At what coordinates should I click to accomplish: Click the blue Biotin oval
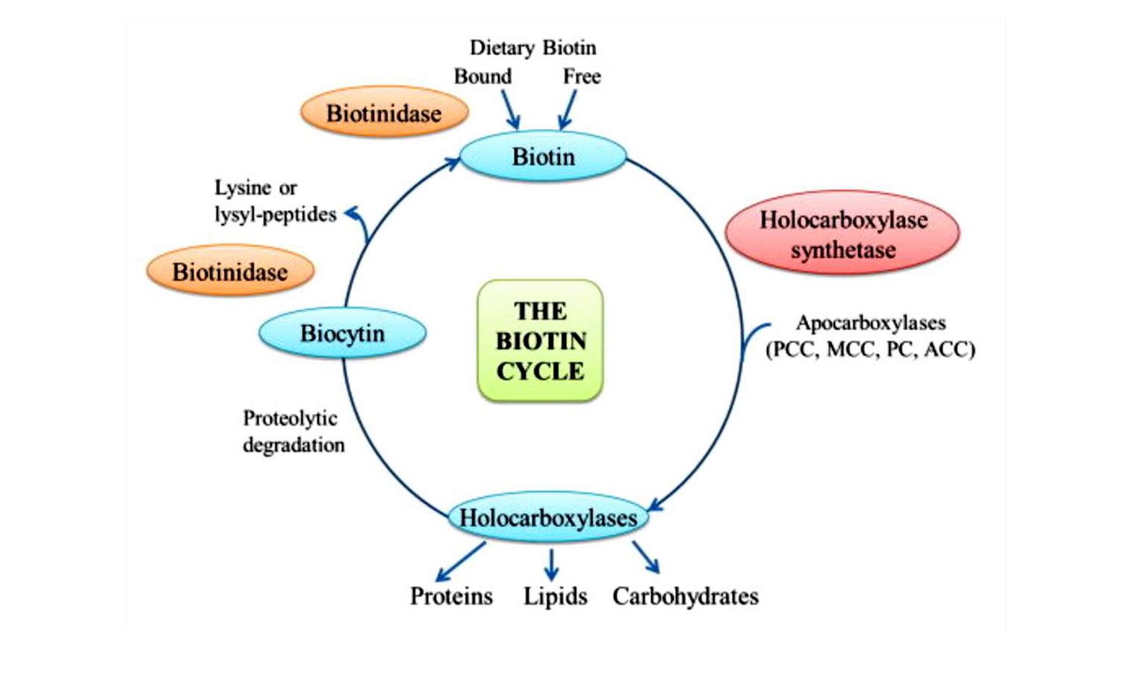pyautogui.click(x=543, y=157)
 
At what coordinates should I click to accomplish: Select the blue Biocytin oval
pyautogui.click(x=342, y=333)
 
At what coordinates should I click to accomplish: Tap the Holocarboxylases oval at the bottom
pyautogui.click(x=547, y=517)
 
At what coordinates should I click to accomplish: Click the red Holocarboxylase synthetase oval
pyautogui.click(x=842, y=234)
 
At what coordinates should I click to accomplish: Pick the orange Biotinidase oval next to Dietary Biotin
pyautogui.click(x=384, y=114)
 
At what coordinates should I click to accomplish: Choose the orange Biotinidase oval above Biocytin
pyautogui.click(x=230, y=272)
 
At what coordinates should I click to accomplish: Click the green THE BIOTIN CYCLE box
pyautogui.click(x=540, y=341)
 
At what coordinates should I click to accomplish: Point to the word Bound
pyautogui.click(x=482, y=76)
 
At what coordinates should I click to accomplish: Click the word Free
pyautogui.click(x=582, y=76)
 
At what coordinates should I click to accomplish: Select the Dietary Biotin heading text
pyautogui.click(x=533, y=48)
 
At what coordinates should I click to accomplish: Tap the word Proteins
pyautogui.click(x=451, y=596)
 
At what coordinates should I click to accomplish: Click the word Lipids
pyautogui.click(x=555, y=596)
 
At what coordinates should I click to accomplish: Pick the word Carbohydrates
pyautogui.click(x=685, y=596)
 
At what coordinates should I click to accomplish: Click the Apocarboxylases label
pyautogui.click(x=871, y=323)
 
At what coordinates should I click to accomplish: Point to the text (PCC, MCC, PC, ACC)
pyautogui.click(x=871, y=349)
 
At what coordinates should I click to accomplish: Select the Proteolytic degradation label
pyautogui.click(x=293, y=432)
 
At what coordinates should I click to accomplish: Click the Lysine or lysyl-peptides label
pyautogui.click(x=275, y=201)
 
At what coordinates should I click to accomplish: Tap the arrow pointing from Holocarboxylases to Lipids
pyautogui.click(x=551, y=565)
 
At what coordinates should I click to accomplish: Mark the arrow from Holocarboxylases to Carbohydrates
pyautogui.click(x=645, y=557)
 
